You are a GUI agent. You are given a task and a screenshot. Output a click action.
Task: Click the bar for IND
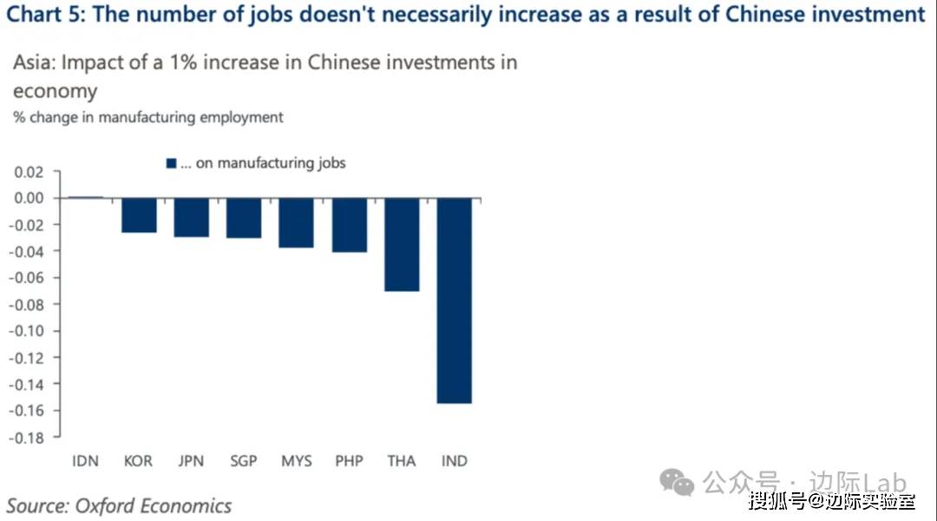[x=454, y=300]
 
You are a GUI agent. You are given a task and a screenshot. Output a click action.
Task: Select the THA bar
[x=402, y=244]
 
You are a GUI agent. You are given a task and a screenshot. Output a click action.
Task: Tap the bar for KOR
[x=138, y=215]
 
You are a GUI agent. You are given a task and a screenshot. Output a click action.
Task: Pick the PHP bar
[x=349, y=225]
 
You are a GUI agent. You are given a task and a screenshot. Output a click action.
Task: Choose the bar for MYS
[x=296, y=222]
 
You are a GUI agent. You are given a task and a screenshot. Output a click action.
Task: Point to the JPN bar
[x=191, y=217]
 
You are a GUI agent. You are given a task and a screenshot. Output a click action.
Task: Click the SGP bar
[x=244, y=218]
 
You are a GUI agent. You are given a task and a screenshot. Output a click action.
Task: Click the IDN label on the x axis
[x=85, y=461]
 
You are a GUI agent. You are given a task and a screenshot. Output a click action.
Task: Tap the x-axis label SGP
[x=244, y=461]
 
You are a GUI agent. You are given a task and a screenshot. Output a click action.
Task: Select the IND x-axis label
[x=454, y=461]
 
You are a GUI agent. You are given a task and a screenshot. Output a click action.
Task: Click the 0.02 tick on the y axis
[x=29, y=172]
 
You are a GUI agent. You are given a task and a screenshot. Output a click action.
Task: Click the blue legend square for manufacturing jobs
[x=171, y=163]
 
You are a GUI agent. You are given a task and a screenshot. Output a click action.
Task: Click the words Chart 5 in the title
[x=43, y=15]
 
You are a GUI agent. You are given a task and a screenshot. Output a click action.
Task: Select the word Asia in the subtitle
[x=32, y=63]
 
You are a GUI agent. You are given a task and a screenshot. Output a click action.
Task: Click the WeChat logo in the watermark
[x=677, y=481]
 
